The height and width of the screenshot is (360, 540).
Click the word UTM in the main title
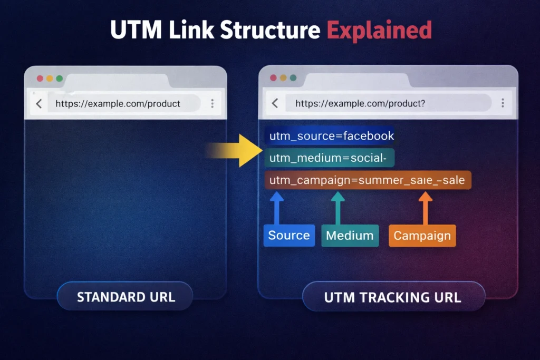point(134,31)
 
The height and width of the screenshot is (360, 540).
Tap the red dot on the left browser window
point(40,79)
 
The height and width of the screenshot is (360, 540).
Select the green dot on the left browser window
point(59,79)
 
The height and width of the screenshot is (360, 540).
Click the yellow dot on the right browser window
point(283,78)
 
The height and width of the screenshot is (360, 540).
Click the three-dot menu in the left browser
point(212,103)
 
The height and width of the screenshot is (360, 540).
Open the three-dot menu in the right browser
point(503,103)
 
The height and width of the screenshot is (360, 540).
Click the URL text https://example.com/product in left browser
point(118,104)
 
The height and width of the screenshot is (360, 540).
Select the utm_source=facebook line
point(331,136)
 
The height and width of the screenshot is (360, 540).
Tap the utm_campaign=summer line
point(367,180)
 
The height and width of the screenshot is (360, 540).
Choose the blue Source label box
point(288,236)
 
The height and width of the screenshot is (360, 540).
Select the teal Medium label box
point(350,236)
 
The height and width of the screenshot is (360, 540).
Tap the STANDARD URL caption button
point(126,297)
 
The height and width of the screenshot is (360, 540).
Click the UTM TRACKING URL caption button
point(393,297)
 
